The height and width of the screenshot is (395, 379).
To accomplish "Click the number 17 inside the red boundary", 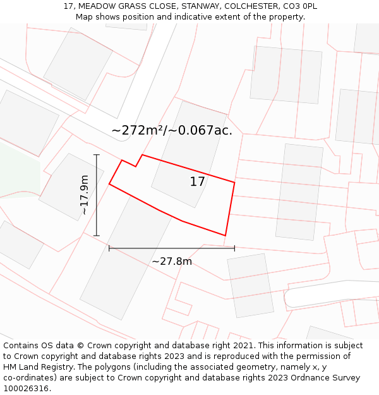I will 197,182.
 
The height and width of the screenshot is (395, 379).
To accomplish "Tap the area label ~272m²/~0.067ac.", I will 172,131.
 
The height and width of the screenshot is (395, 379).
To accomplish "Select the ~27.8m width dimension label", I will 172,261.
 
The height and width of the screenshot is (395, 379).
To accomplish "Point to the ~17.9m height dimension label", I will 84,195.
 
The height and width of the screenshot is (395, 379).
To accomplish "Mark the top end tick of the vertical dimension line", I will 97,155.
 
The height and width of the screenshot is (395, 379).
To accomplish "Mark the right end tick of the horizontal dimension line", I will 234,248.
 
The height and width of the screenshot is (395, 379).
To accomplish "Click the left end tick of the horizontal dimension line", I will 109,248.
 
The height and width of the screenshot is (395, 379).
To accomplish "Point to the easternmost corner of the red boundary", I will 234,183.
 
